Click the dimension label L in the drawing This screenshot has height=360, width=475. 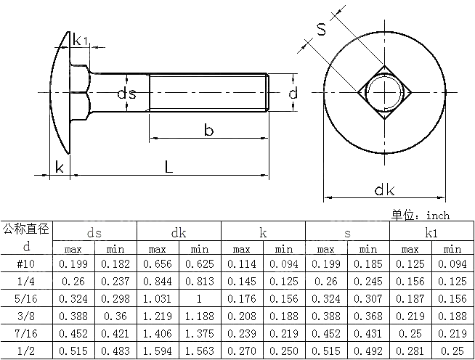[168, 166]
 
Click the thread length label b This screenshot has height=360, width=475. [208, 131]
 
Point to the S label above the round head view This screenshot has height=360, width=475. [321, 30]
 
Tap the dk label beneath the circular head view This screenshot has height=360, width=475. [384, 190]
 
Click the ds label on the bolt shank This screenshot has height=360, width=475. [127, 94]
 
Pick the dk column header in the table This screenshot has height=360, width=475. [179, 233]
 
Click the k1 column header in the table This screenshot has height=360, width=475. [431, 233]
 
